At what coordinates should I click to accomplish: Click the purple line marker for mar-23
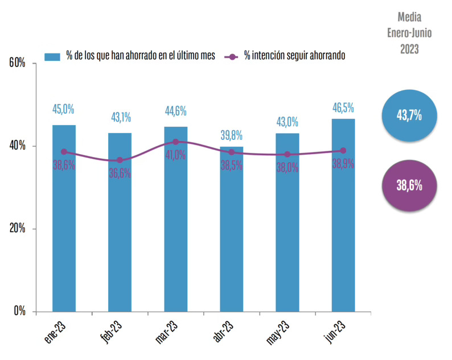tap(176, 142)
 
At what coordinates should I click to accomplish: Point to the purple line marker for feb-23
tap(120, 160)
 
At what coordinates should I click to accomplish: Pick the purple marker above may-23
tap(287, 154)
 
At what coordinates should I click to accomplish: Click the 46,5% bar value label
tap(343, 107)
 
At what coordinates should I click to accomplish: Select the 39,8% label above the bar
tap(232, 135)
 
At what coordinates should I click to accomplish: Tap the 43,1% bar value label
tap(120, 118)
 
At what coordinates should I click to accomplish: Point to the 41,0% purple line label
tap(176, 155)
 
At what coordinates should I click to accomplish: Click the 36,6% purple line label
tap(120, 173)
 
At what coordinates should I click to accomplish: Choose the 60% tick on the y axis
tap(18, 63)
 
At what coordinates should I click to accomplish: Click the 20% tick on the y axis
tap(18, 229)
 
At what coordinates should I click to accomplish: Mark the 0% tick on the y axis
tap(19, 312)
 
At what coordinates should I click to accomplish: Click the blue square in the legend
tap(53, 56)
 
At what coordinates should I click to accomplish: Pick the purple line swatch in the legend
tap(232, 56)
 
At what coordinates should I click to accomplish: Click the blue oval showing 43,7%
tap(408, 115)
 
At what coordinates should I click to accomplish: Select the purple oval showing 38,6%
tap(408, 185)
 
